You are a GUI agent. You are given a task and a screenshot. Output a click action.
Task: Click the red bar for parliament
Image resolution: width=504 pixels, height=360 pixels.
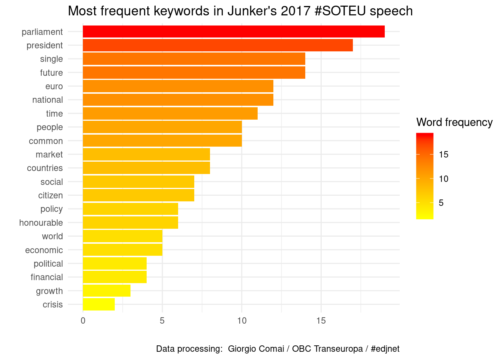coord(234,32)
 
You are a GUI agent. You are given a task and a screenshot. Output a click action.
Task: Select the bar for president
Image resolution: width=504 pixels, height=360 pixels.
coord(217,45)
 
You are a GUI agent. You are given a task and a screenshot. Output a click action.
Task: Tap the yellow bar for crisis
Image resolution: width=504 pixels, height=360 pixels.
coord(99,304)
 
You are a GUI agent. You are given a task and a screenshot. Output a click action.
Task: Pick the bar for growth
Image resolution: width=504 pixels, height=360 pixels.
coord(106,291)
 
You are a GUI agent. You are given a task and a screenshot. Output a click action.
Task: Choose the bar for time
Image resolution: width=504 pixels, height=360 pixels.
coord(170,114)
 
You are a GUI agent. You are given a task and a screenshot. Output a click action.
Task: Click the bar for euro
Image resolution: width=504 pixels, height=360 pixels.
coord(178,86)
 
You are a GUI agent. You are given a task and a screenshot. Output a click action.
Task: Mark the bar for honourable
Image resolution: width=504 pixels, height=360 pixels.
coord(130,223)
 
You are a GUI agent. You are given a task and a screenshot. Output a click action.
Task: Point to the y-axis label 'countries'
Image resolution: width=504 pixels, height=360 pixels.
coord(45,168)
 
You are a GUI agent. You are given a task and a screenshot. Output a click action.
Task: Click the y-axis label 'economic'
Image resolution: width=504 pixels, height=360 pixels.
coord(44,250)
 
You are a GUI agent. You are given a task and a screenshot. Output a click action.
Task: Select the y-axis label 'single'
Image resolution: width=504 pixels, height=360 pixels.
coord(51,59)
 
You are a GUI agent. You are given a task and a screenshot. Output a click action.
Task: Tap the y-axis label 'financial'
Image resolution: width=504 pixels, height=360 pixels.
coord(47,277)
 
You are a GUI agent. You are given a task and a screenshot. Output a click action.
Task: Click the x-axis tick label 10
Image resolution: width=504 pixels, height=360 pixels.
coord(241,321)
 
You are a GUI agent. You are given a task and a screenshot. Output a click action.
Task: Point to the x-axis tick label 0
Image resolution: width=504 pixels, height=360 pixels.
coord(83,321)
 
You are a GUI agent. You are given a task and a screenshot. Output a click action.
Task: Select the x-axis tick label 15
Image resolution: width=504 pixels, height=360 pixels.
coord(321,321)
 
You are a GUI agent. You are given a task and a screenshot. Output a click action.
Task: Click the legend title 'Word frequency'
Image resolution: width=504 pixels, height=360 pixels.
coord(454,123)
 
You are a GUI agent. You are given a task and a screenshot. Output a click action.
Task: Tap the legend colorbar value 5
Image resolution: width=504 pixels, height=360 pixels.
coord(441,203)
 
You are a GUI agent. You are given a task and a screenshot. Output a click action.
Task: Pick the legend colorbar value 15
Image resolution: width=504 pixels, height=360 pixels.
coord(443,154)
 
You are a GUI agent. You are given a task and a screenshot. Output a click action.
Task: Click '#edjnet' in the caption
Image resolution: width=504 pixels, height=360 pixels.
coord(385,349)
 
